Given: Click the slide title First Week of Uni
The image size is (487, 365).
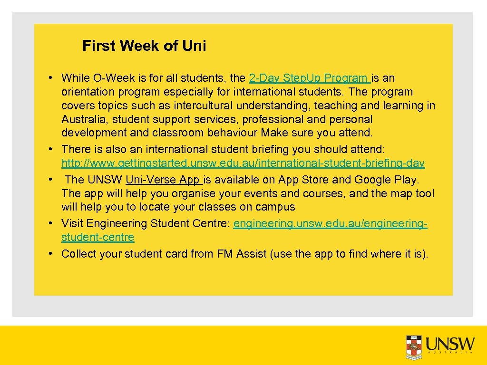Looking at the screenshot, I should click(144, 46).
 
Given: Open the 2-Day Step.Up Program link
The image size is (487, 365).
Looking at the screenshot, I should click(309, 78).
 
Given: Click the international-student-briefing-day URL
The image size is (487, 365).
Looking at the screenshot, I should click(243, 163).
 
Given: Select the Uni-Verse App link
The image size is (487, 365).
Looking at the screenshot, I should click(164, 180).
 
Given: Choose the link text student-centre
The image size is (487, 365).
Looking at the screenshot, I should click(97, 237).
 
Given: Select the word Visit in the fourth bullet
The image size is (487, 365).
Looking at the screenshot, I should click(73, 223).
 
